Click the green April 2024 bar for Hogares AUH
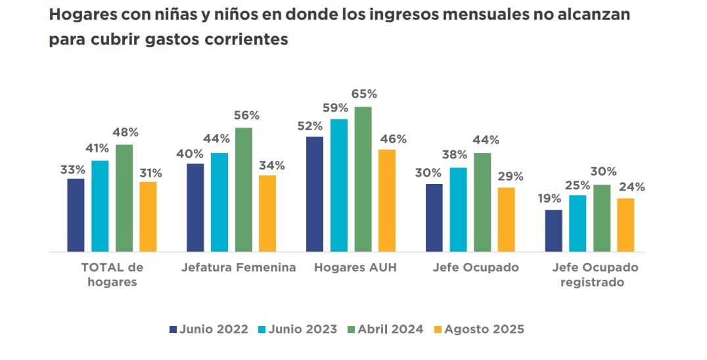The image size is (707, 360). tap(363, 179)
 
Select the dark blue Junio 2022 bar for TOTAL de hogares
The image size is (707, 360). tap(76, 215)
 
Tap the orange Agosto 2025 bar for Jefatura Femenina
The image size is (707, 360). tap(267, 214)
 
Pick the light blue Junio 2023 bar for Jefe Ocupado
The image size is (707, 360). tap(459, 210)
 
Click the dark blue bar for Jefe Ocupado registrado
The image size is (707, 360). tap(554, 231)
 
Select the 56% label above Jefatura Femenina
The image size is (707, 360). tap(246, 116)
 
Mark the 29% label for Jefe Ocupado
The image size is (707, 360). tap(510, 176)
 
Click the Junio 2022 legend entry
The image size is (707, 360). tap(208, 329)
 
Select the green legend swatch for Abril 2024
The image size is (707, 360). tap(352, 329)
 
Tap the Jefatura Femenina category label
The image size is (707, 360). tap(238, 267)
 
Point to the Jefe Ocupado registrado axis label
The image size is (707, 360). tap(595, 275)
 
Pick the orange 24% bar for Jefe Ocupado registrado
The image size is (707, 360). tap(626, 225)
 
